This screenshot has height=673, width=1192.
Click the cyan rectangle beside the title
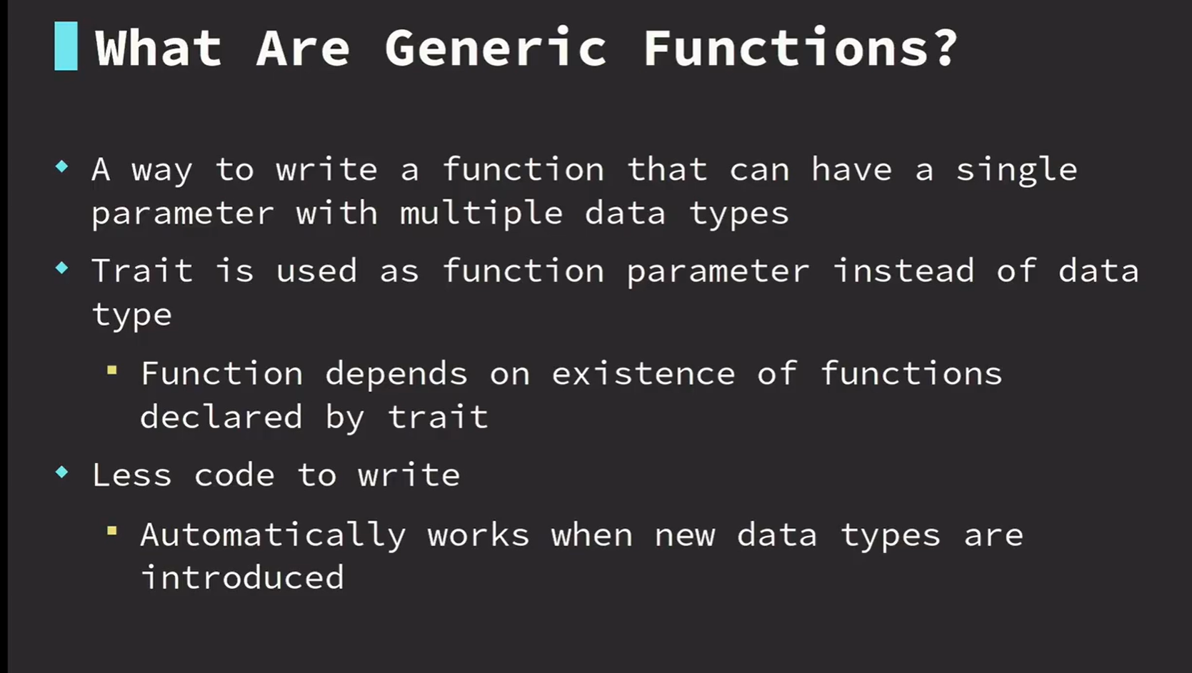(x=66, y=46)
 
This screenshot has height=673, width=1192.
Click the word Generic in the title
(x=496, y=48)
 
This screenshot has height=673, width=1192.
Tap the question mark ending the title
(x=945, y=47)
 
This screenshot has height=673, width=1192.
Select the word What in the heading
(x=159, y=48)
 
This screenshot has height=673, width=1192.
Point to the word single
(x=1017, y=171)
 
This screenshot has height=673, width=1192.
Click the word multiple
(x=481, y=214)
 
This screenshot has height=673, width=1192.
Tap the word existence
(x=643, y=373)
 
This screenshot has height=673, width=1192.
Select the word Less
(x=132, y=474)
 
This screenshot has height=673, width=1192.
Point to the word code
(x=234, y=474)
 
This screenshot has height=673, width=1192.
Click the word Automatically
(x=274, y=536)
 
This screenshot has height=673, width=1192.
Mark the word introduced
(x=242, y=577)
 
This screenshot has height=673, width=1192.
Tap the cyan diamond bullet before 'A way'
(x=61, y=166)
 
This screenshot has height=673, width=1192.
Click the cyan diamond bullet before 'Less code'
(x=61, y=472)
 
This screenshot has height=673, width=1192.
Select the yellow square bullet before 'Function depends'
(x=111, y=370)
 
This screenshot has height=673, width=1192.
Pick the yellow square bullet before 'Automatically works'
(x=111, y=530)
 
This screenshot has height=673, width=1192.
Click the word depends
(x=396, y=375)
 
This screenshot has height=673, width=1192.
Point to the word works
(x=479, y=535)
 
